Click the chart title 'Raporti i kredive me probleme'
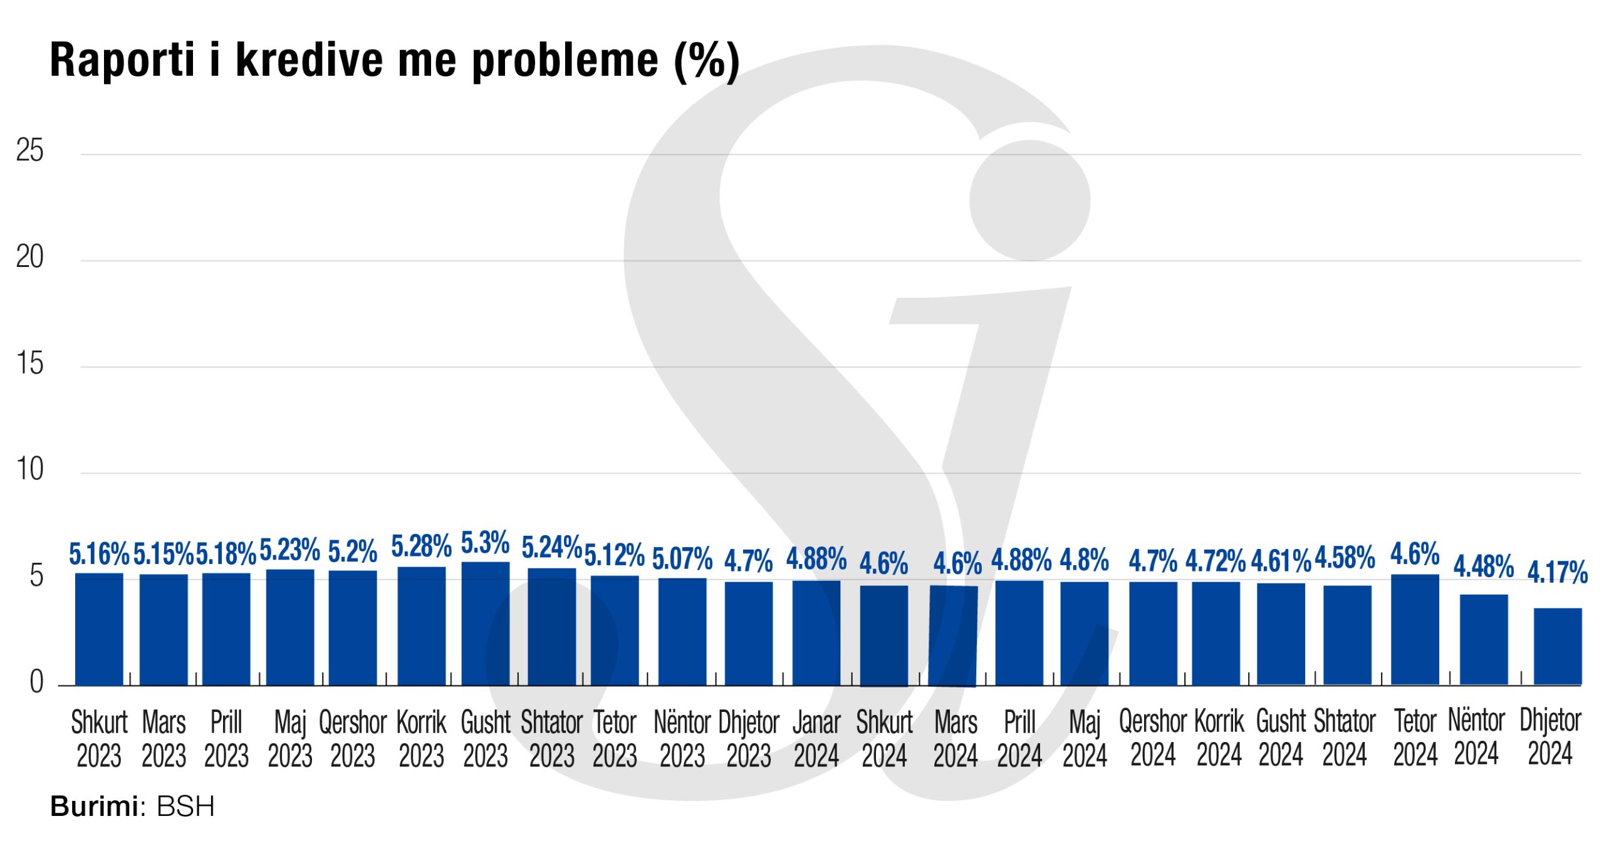click(395, 61)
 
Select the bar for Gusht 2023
click(486, 624)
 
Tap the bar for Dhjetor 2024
click(1558, 647)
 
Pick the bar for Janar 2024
click(816, 633)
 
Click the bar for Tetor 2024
click(1415, 630)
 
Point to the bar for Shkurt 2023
click(99, 629)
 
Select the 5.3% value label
click(485, 543)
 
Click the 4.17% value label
click(1557, 572)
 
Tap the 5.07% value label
click(682, 559)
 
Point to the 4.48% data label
click(1484, 567)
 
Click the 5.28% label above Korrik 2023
click(422, 546)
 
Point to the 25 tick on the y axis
click(30, 151)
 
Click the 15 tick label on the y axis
click(30, 364)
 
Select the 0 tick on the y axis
click(36, 682)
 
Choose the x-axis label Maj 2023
click(290, 739)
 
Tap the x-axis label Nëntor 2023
click(682, 739)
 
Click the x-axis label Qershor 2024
click(1153, 739)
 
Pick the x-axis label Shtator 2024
click(1345, 739)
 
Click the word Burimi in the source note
click(94, 807)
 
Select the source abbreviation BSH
click(185, 807)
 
